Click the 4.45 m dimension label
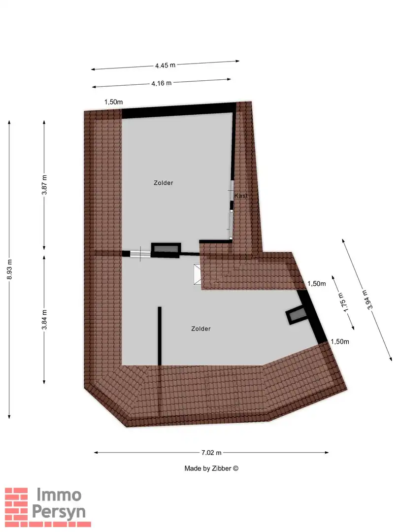pyautogui.click(x=166, y=65)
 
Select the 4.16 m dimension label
pyautogui.click(x=162, y=83)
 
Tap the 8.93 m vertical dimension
pyautogui.click(x=10, y=270)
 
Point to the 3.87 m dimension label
pyautogui.click(x=44, y=185)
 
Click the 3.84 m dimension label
pyautogui.click(x=44, y=319)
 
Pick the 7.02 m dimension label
pyautogui.click(x=211, y=452)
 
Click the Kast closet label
pyautogui.click(x=240, y=196)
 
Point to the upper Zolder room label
pyautogui.click(x=164, y=183)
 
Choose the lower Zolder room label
pyautogui.click(x=201, y=329)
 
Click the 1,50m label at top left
pyautogui.click(x=113, y=102)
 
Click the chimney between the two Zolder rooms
pyautogui.click(x=165, y=250)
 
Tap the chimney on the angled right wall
pyautogui.click(x=297, y=315)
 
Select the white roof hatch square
pyautogui.click(x=197, y=274)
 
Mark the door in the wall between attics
pyautogui.click(x=139, y=254)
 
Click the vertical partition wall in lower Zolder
pyautogui.click(x=160, y=336)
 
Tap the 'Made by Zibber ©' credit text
pyautogui.click(x=211, y=468)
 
